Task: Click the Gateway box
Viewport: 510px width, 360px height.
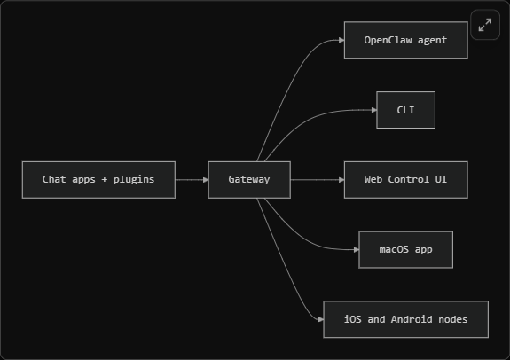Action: pyautogui.click(x=249, y=180)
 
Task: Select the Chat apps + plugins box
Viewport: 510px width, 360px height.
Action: pyautogui.click(x=98, y=180)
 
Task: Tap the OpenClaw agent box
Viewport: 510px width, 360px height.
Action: pyautogui.click(x=406, y=40)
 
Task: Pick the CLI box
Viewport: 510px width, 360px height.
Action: pyautogui.click(x=405, y=110)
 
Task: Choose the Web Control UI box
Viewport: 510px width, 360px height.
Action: pyautogui.click(x=406, y=180)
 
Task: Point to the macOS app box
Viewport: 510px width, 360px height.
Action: pyautogui.click(x=405, y=250)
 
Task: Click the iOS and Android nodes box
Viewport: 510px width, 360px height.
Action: pyautogui.click(x=405, y=319)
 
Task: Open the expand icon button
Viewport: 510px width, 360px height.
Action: pyautogui.click(x=485, y=25)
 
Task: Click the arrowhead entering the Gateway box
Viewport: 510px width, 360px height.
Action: pyautogui.click(x=206, y=180)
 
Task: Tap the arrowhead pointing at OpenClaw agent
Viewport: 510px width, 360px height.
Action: pyautogui.click(x=341, y=40)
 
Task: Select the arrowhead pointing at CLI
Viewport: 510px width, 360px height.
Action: pyautogui.click(x=373, y=110)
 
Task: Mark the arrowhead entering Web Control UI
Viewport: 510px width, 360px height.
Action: pyautogui.click(x=341, y=180)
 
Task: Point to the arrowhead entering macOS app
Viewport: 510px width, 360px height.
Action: pyautogui.click(x=357, y=250)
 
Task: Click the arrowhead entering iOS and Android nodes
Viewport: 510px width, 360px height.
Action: pyautogui.click(x=321, y=319)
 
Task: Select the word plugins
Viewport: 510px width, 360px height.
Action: pyautogui.click(x=134, y=179)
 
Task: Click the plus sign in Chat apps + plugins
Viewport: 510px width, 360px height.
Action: pyautogui.click(x=105, y=179)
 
